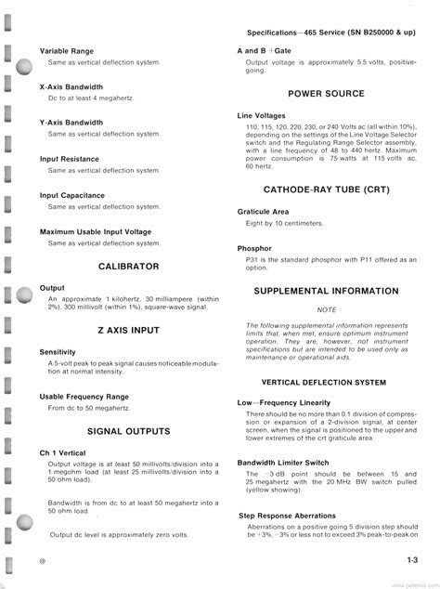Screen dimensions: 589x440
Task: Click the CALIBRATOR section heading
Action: pos(128,267)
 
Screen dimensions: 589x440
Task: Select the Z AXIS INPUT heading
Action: pos(128,330)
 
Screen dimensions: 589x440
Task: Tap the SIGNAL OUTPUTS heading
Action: pos(128,431)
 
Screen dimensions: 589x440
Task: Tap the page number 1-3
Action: pos(411,559)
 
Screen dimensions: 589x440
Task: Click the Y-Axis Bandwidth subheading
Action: pos(71,123)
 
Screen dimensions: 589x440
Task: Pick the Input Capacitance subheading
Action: pos(71,195)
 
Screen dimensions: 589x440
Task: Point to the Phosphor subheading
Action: pos(254,248)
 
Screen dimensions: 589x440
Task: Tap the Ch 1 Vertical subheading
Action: pos(62,452)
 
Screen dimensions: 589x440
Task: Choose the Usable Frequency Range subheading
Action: pos(84,397)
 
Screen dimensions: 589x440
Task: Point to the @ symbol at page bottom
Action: pos(43,561)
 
